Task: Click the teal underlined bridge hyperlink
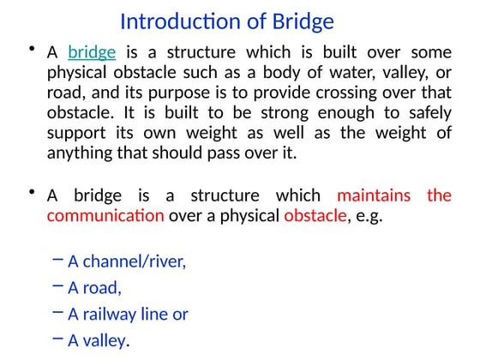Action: pos(92,52)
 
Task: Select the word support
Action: pos(75,134)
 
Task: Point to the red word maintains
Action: pos(374,195)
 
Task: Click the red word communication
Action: pos(105,216)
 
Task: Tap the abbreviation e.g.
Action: pos(369,216)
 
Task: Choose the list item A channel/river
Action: pos(127,261)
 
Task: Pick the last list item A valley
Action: pos(98,340)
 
